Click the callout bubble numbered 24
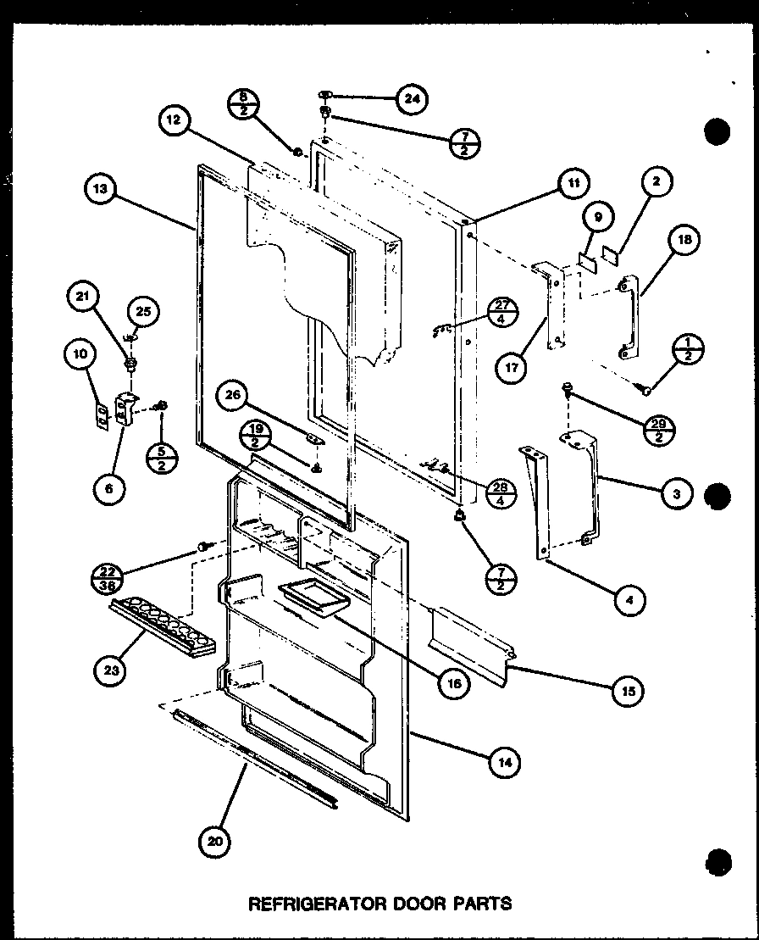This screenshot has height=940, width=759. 412,99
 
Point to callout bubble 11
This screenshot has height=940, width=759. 573,183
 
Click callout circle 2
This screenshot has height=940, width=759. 657,181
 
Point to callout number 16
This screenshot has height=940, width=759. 454,684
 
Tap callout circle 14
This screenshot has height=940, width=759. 504,762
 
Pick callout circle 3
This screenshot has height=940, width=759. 676,494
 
